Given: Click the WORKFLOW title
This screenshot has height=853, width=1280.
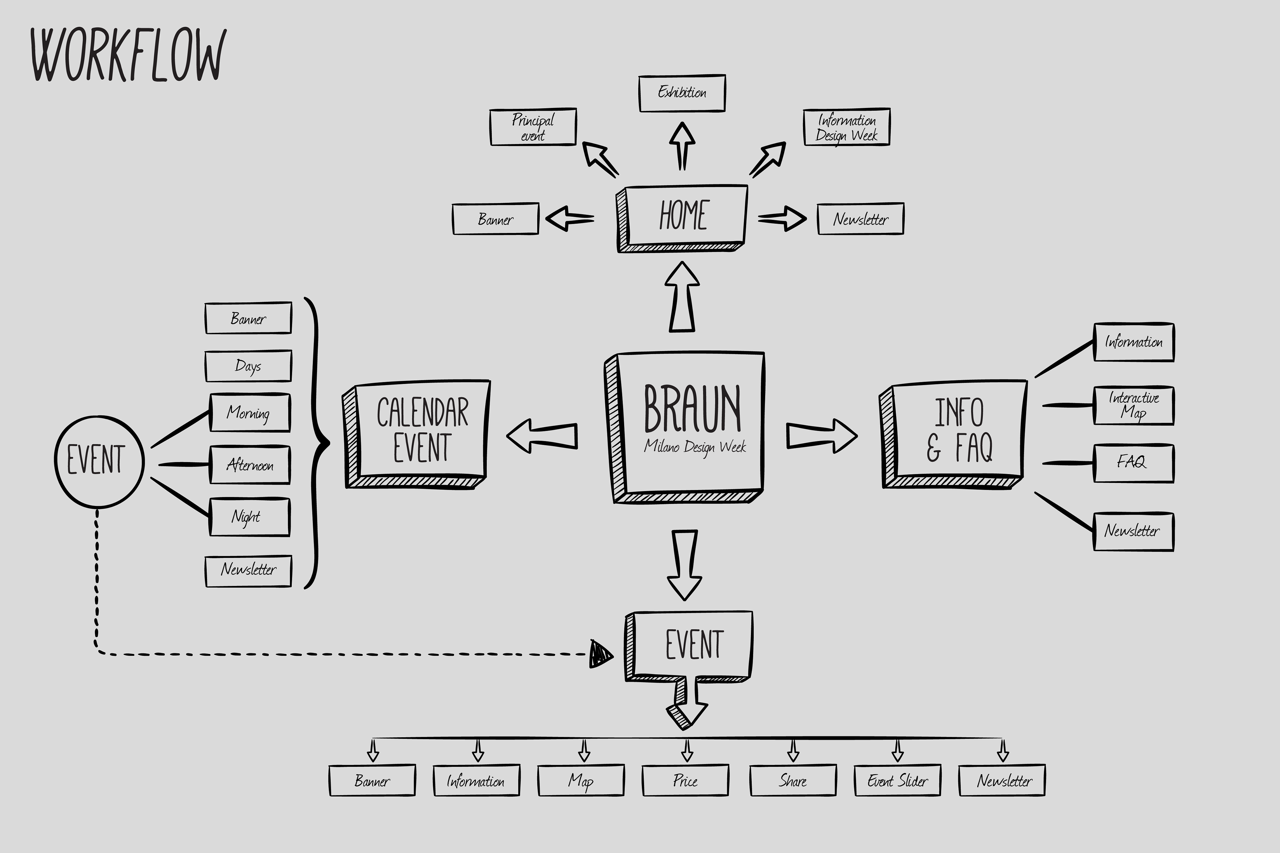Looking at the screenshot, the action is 128,54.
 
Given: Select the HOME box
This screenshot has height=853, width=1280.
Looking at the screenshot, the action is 682,218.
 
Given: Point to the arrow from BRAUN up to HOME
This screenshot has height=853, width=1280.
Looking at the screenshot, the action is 682,297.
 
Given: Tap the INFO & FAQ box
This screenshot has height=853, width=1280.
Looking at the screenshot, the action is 953,434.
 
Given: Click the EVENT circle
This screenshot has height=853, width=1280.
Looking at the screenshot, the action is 99,462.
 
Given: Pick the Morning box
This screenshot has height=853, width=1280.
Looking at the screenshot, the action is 250,413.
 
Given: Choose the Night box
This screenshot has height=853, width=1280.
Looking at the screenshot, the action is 250,517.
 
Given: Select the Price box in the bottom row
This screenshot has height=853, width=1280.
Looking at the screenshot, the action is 685,781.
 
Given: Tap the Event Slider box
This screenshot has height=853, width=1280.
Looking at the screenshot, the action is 897,781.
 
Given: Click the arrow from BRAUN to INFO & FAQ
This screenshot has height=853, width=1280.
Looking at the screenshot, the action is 822,436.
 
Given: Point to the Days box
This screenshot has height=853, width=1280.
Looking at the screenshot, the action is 248,366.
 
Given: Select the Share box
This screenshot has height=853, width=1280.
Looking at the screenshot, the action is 793,781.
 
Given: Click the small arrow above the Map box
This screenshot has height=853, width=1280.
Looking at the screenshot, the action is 584,750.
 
